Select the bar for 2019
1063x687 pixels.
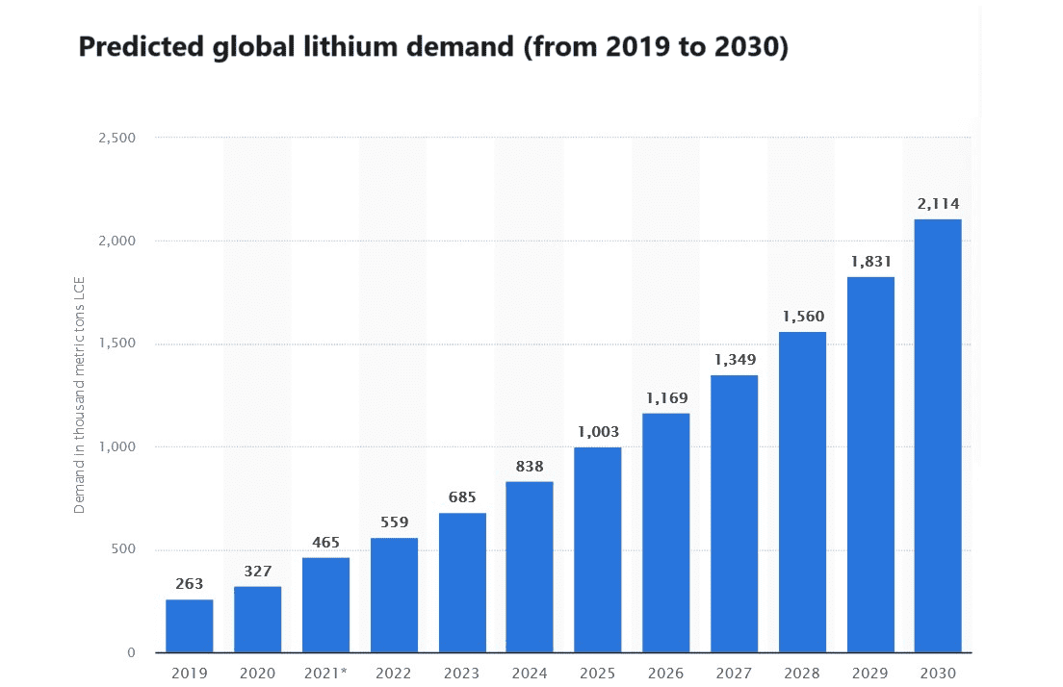(190, 626)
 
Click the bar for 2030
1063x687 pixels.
(938, 436)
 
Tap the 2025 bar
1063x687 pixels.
(598, 549)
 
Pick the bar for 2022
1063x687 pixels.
(394, 595)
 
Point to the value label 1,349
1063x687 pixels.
(735, 359)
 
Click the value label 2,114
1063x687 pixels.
(938, 203)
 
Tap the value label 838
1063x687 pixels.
(530, 466)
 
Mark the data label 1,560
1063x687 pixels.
(802, 316)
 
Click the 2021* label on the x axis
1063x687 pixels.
(327, 673)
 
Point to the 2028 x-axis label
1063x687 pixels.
(802, 673)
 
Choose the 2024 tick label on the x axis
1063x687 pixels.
(530, 673)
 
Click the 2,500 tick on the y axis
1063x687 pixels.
(117, 138)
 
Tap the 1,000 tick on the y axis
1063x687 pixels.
(117, 446)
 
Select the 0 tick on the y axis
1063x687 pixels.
(131, 652)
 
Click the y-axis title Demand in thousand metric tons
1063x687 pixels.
(80, 394)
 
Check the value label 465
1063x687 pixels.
(325, 543)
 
